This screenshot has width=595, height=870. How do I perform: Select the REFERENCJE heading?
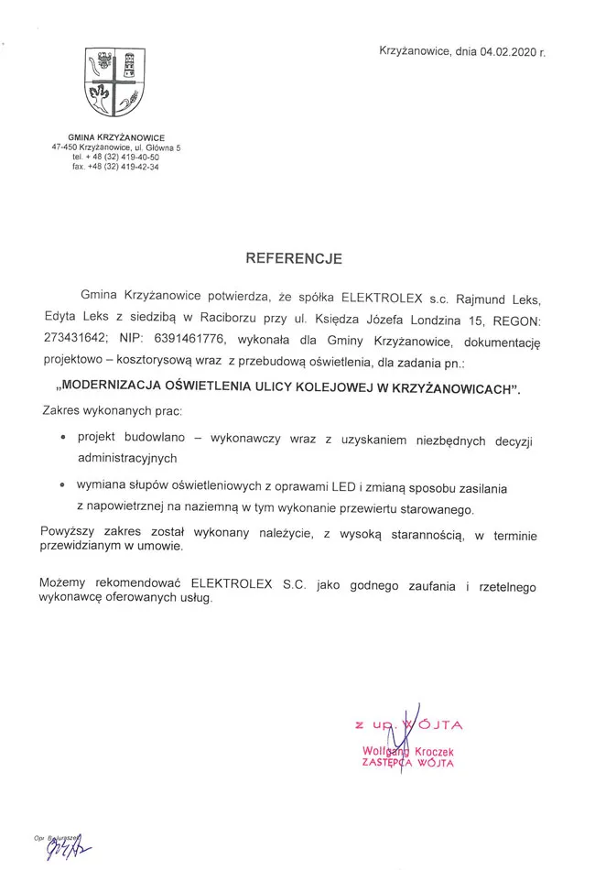pyautogui.click(x=293, y=259)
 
